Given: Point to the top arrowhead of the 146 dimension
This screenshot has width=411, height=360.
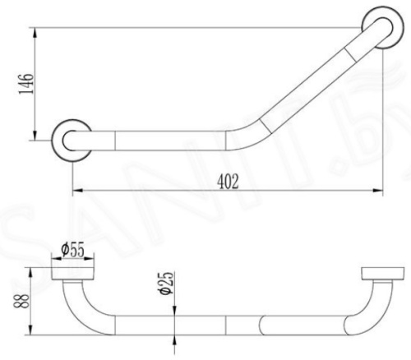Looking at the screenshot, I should click(x=35, y=31).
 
